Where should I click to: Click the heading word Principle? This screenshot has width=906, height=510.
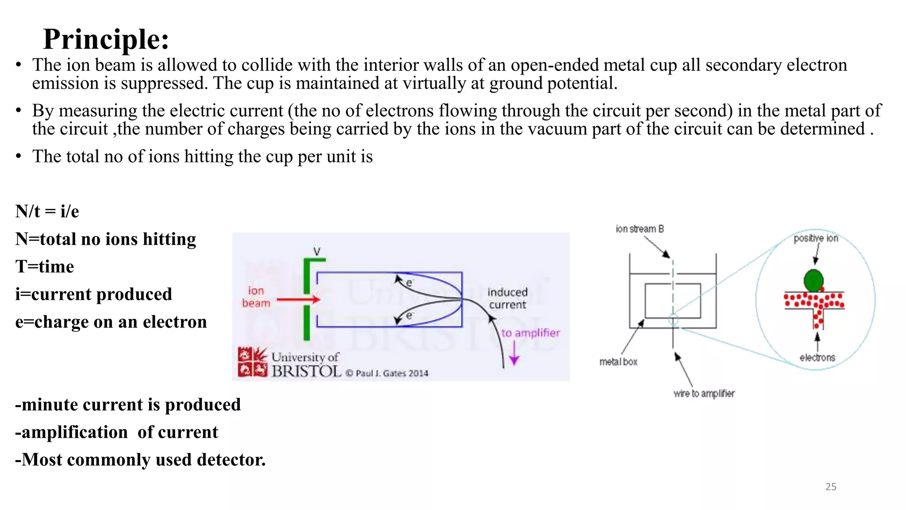pyautogui.click(x=106, y=39)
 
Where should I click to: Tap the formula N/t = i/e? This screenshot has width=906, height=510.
pyautogui.click(x=47, y=212)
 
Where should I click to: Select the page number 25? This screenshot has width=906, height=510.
pyautogui.click(x=831, y=487)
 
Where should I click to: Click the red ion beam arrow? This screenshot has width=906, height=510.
pyautogui.click(x=298, y=300)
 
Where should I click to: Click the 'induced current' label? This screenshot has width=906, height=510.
pyautogui.click(x=507, y=298)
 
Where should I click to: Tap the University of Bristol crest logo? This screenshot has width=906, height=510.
pyautogui.click(x=253, y=362)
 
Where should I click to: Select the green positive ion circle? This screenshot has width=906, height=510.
pyautogui.click(x=813, y=280)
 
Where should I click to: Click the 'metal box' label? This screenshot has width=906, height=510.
pyautogui.click(x=618, y=362)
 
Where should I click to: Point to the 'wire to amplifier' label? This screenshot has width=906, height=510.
pyautogui.click(x=704, y=394)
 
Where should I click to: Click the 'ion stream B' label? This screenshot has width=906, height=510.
pyautogui.click(x=640, y=229)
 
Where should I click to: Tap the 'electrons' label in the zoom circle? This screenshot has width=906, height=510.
pyautogui.click(x=817, y=358)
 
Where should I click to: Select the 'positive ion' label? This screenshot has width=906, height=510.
pyautogui.click(x=816, y=239)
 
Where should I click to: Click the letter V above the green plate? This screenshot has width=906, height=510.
pyautogui.click(x=317, y=251)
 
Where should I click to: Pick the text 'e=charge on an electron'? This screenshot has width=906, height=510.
pyautogui.click(x=111, y=322)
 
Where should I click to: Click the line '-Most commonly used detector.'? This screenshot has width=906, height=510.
pyautogui.click(x=140, y=460)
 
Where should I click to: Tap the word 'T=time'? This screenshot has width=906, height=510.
pyautogui.click(x=45, y=267)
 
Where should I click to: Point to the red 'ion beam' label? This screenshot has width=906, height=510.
pyautogui.click(x=256, y=297)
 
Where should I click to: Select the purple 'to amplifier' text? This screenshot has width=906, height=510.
pyautogui.click(x=530, y=333)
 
